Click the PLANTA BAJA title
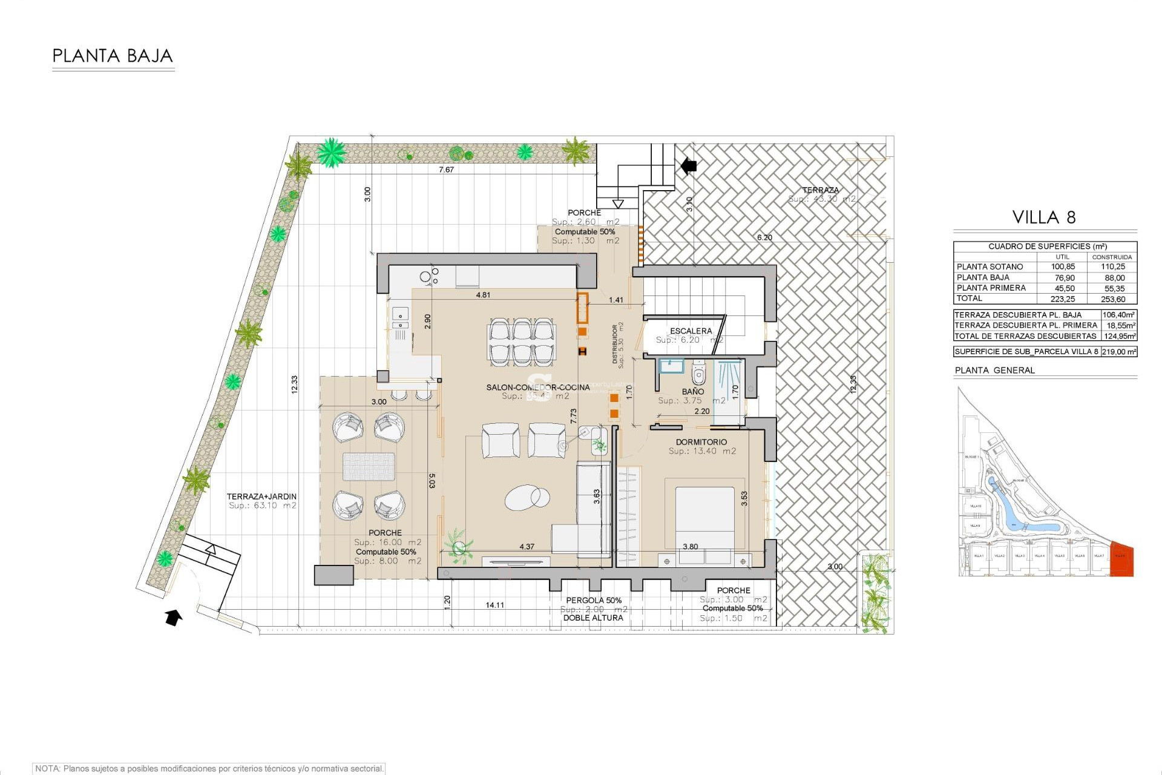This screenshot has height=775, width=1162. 113,56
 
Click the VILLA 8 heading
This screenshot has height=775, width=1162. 1044,218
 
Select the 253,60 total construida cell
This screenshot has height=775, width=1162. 1112,299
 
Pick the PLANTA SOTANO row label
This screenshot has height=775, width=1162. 990,267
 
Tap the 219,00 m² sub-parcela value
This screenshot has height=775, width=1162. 1118,352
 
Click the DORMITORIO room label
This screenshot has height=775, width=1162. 701,443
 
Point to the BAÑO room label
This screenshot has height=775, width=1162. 692,392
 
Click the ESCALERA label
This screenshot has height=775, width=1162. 691,331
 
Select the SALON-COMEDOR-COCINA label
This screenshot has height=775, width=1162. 537,387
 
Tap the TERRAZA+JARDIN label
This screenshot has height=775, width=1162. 261,496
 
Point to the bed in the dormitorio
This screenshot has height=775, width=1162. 704,518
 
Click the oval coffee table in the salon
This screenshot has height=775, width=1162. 528,498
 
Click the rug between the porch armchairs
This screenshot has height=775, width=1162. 369,467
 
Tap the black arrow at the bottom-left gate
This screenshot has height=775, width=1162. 174,618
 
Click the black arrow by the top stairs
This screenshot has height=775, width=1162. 689,165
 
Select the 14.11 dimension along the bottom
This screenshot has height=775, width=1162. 494,605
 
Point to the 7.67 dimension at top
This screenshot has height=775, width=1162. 446,170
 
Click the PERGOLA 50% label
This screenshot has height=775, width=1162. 594,601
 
